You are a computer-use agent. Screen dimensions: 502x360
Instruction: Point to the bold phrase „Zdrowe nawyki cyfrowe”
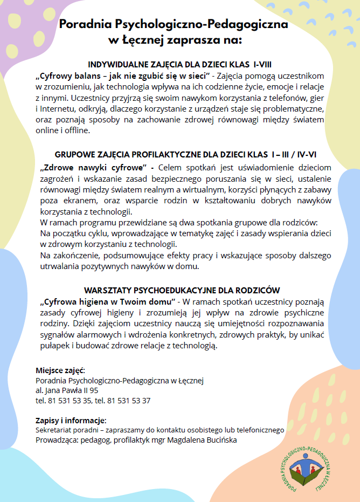click(95, 168)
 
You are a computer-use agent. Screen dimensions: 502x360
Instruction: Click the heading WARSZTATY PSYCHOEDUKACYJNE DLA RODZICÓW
click(182, 290)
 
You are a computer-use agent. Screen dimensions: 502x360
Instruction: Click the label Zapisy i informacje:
click(71, 420)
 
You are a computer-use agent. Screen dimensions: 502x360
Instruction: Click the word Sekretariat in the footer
click(56, 430)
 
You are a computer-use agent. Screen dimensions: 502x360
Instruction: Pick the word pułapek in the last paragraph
click(53, 346)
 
